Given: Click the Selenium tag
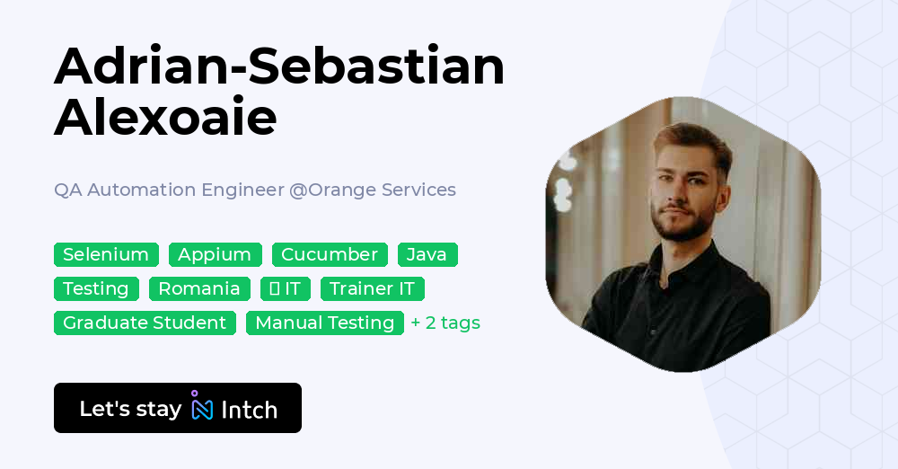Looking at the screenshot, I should point(106,254).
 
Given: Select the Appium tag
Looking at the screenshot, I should point(215,254).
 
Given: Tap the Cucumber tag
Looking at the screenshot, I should point(330,254).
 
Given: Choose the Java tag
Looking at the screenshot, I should point(427,254).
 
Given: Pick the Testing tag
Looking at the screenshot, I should point(96,288).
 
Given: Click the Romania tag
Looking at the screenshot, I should point(199,288).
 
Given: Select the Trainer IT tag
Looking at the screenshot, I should point(372,288).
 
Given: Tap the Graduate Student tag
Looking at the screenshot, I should point(145,323).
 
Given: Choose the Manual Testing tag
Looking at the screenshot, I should point(324,323).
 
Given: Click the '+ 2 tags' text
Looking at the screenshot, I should point(445,323).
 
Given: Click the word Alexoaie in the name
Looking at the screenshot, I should point(165,118).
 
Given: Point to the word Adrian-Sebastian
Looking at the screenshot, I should point(279,66).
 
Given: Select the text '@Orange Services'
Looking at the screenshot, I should point(372,190).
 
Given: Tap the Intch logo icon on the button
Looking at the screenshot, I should point(202,407).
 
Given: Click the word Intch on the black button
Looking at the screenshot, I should point(249,410).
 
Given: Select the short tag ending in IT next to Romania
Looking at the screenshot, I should point(286,288).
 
